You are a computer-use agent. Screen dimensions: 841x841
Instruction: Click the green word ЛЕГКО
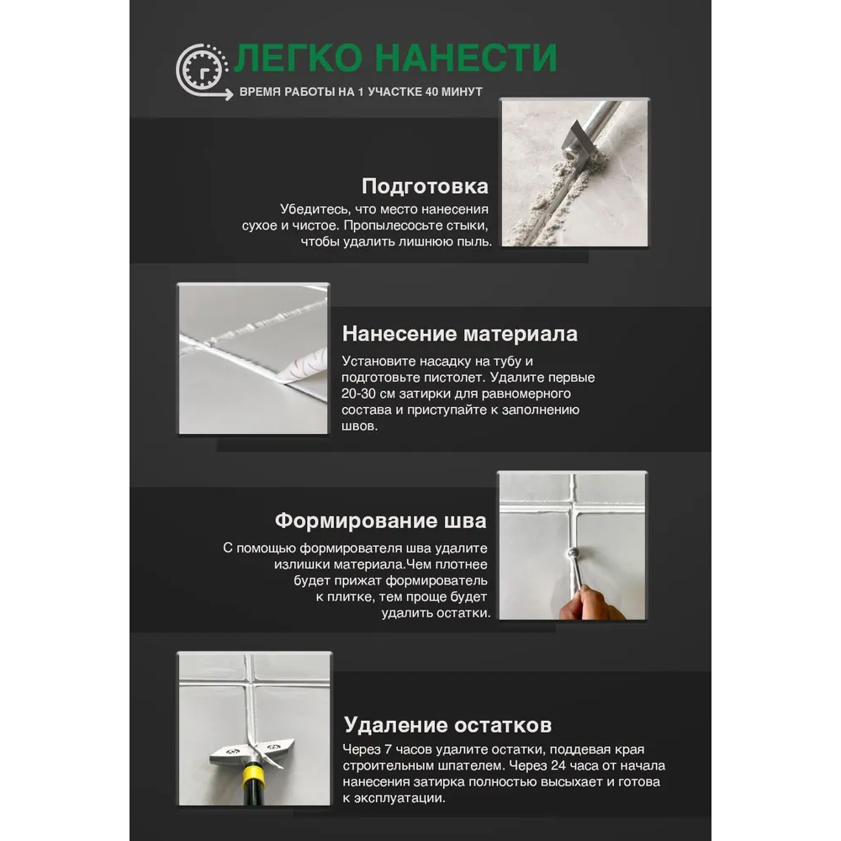pos(299,58)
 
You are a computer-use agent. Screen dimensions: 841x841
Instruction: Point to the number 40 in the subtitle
pos(431,92)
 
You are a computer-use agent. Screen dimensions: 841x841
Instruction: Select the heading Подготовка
pos(425,186)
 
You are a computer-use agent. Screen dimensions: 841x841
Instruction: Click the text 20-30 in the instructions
pos(358,393)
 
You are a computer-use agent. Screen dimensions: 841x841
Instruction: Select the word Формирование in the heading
pos(356,521)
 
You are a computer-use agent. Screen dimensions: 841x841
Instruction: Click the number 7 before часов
pos(388,749)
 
